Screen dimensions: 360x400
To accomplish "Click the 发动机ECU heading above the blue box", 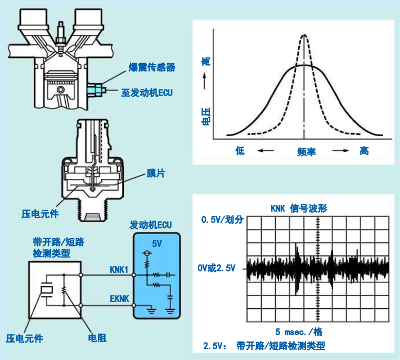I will (151, 225).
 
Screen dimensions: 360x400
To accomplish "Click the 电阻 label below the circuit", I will (97, 338).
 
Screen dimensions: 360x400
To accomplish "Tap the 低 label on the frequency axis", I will (240, 151).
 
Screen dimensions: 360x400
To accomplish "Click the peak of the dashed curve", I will (304, 36).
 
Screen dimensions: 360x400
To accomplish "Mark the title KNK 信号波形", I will (298, 208).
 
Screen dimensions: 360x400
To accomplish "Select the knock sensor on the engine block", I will (96, 89).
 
